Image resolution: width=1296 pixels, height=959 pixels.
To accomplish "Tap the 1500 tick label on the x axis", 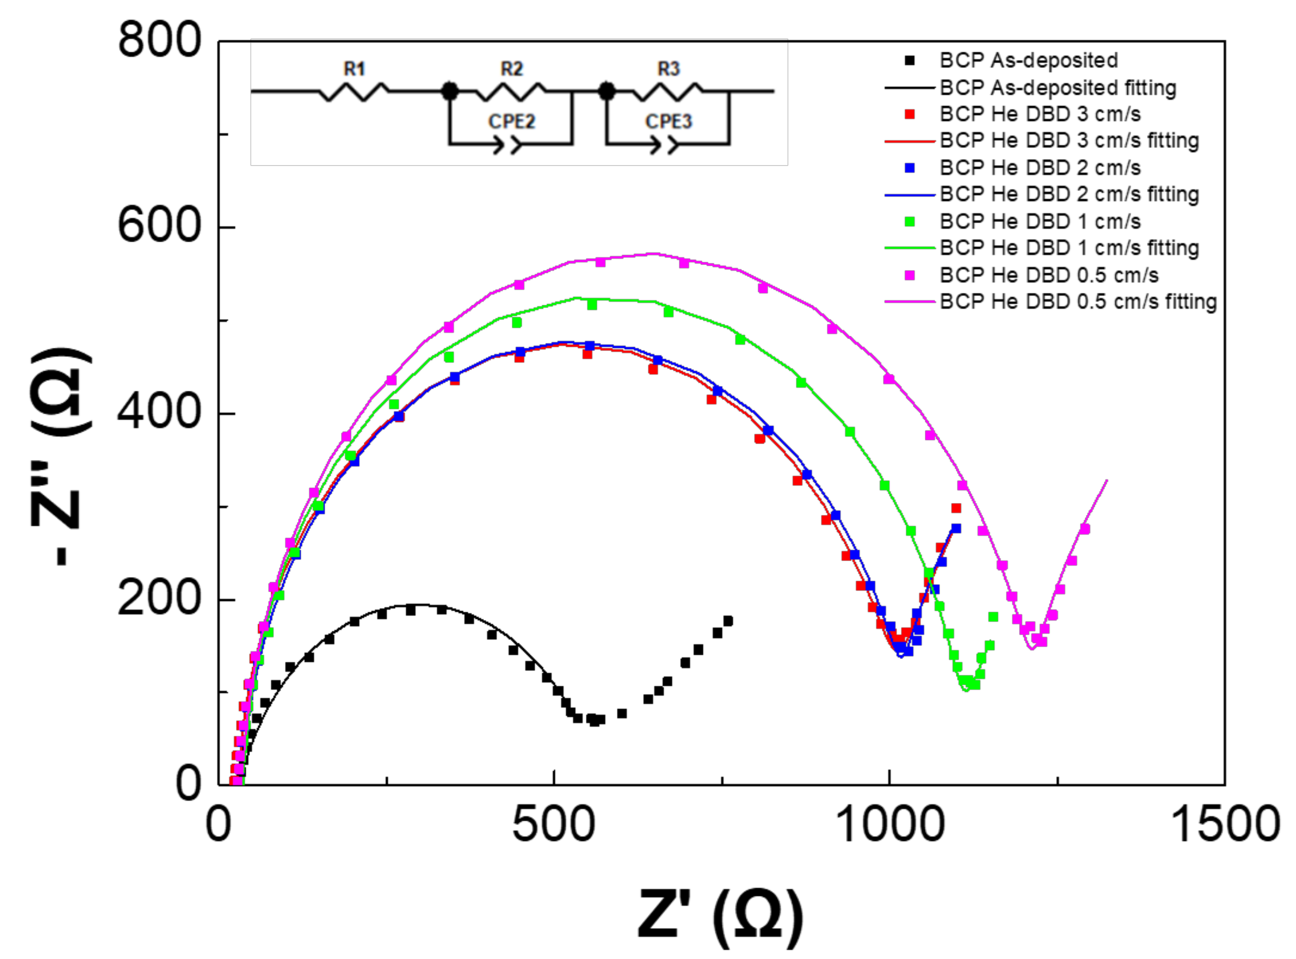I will pos(1225,825).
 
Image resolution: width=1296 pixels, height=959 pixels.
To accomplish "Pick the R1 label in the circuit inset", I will pos(354,69).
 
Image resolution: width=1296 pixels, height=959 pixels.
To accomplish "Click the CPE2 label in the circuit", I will pos(511,121).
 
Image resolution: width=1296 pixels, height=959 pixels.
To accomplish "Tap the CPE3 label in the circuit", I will pos(669,121).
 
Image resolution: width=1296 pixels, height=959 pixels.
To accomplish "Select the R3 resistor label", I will pos(669,69).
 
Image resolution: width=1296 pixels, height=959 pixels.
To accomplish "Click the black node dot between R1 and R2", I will pos(449,91).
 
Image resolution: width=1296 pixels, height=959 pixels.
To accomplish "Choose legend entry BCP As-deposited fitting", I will pos(1057,87).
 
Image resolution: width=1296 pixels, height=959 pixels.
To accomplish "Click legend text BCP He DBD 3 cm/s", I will pos(1040,114).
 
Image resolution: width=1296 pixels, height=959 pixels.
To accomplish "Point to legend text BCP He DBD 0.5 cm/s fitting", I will pos(1078,302).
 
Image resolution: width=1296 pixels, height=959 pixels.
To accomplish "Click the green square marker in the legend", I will pos(909,222).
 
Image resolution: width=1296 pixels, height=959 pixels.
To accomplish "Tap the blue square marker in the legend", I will pos(909,168).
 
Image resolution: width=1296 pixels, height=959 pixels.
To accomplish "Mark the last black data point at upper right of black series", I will pos(728,621).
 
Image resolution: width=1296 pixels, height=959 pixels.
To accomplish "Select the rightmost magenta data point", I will pos(1084,529).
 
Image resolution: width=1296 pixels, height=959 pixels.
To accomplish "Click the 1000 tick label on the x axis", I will pos(889,825).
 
